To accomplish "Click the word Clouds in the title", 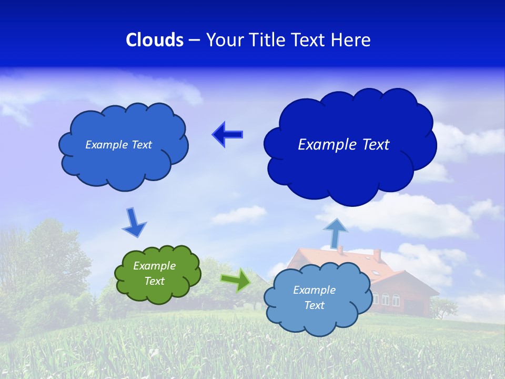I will pyautogui.click(x=155, y=40).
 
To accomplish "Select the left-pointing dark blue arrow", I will pyautogui.click(x=227, y=134).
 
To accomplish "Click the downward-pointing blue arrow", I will pyautogui.click(x=134, y=222).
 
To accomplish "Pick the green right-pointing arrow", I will pyautogui.click(x=236, y=280).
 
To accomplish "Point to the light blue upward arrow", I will pyautogui.click(x=336, y=233).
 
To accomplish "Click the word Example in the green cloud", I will pyautogui.click(x=154, y=266).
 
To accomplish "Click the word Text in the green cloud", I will pyautogui.click(x=155, y=281).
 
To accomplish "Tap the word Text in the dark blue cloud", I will pyautogui.click(x=372, y=145).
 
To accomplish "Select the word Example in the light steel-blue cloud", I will pyautogui.click(x=314, y=290).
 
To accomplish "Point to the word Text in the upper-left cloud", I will pyautogui.click(x=142, y=145).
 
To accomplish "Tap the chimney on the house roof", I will pyautogui.click(x=377, y=255).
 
